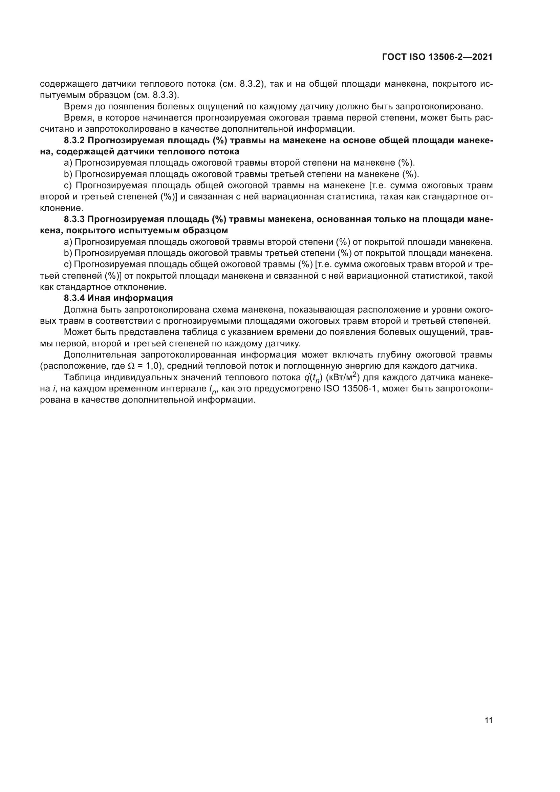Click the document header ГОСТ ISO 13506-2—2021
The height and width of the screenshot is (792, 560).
pos(437,57)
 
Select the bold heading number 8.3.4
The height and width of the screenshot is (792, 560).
pos(74,298)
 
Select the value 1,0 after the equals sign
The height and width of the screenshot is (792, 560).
pos(151,366)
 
